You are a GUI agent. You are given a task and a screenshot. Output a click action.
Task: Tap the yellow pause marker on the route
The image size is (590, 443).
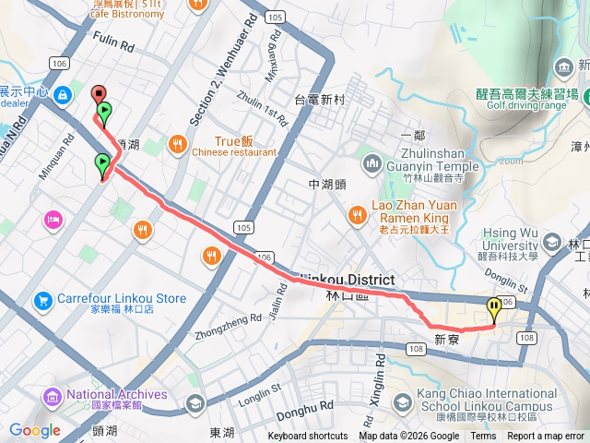pos(495,308)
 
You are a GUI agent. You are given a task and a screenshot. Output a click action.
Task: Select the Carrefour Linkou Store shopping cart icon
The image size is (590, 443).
pos(42,300)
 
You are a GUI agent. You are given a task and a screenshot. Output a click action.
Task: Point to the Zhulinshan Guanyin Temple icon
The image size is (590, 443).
pos(372,164)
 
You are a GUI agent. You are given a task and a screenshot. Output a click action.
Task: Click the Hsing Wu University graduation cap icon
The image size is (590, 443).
pos(552,242)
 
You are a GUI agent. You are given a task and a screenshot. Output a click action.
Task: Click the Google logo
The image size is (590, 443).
pos(34,430)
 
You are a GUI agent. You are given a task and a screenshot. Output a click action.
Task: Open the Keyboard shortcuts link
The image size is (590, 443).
pos(308,437)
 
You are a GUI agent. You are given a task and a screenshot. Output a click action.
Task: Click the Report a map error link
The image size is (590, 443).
pos(546,437)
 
